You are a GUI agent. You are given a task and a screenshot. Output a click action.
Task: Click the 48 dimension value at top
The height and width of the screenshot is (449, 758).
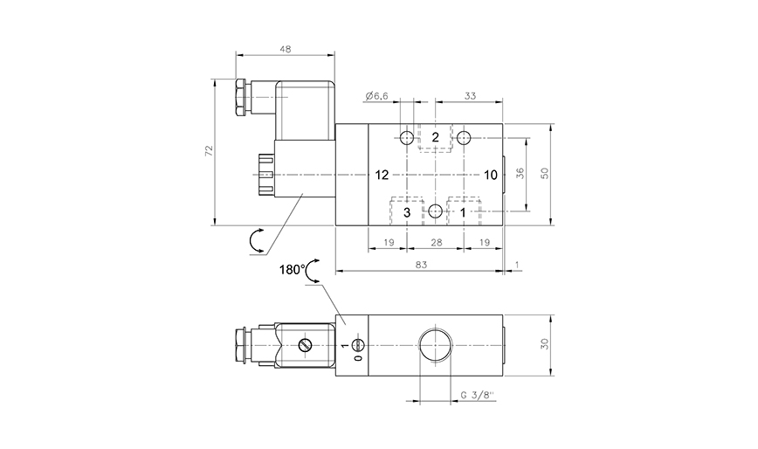(x=285, y=49)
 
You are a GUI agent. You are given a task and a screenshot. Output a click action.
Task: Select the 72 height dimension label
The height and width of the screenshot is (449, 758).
(x=209, y=152)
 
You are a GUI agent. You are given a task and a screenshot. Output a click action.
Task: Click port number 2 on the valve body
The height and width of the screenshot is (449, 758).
(x=435, y=137)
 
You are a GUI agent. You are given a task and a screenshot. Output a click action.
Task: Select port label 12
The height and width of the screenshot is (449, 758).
(x=382, y=175)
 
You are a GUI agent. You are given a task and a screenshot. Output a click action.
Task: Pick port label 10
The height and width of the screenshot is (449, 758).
(x=490, y=175)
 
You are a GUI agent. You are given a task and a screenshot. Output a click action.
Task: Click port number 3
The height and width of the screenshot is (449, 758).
(x=407, y=211)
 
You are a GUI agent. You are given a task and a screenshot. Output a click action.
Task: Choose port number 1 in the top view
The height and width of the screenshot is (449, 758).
(x=464, y=211)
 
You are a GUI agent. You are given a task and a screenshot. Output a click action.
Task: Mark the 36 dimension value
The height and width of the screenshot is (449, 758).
(x=520, y=173)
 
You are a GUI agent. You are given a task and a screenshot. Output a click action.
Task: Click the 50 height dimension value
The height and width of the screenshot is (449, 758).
(x=545, y=173)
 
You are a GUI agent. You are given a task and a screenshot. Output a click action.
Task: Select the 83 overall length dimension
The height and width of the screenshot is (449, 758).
(x=421, y=265)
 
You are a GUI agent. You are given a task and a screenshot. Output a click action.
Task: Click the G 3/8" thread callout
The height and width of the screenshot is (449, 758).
(x=477, y=396)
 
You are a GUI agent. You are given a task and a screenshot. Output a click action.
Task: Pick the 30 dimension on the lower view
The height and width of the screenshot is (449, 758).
(x=545, y=345)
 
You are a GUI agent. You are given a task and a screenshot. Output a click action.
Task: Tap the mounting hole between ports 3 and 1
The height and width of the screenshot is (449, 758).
(x=435, y=211)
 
